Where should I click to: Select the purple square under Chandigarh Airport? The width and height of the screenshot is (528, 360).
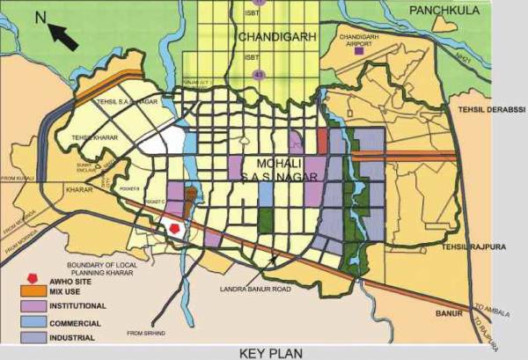[357, 52]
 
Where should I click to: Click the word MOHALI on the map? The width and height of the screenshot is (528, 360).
[280, 163]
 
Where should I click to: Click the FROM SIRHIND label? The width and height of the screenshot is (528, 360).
[145, 333]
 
